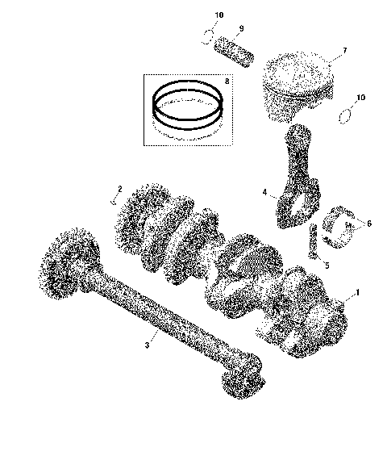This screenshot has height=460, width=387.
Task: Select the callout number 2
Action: tap(119, 190)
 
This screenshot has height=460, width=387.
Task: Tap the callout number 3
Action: tap(148, 345)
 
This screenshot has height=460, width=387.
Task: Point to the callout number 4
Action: tap(264, 192)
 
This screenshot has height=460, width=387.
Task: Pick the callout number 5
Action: tap(327, 264)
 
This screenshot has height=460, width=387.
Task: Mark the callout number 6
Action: tap(369, 224)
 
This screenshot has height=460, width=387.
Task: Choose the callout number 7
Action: tap(344, 51)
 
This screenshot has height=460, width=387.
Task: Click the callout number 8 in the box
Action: tap(227, 82)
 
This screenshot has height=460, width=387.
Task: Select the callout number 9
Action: tap(239, 29)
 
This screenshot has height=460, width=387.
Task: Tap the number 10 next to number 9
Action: tap(219, 15)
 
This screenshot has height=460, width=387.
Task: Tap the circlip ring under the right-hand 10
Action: tap(346, 115)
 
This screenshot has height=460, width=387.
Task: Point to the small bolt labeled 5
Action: tap(313, 240)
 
